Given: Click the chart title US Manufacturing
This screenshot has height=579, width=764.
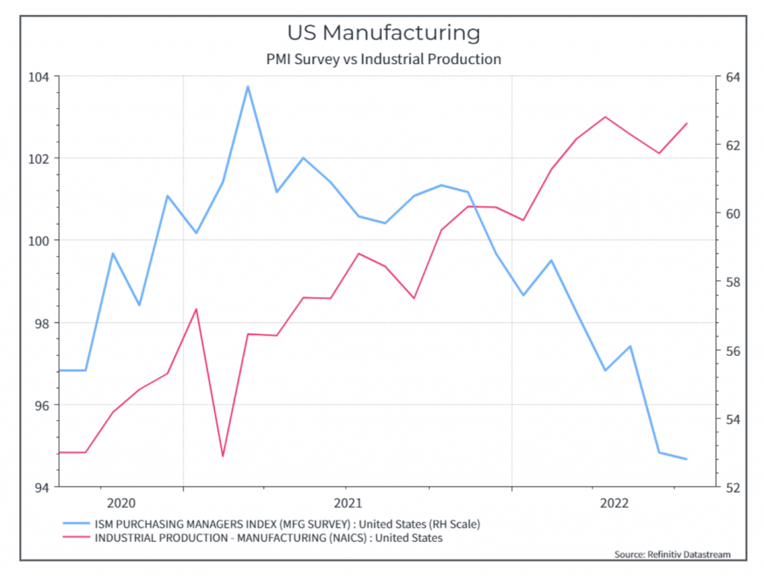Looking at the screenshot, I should [x=383, y=33].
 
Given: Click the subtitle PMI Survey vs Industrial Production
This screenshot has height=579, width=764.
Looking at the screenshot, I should [x=383, y=59].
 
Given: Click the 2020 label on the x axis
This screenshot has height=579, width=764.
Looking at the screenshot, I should [x=122, y=503].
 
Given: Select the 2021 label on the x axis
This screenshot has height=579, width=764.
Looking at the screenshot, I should [x=348, y=503].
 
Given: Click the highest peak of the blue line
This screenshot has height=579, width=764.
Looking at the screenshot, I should [x=248, y=87].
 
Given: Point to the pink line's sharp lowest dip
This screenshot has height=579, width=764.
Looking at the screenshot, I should [x=222, y=456].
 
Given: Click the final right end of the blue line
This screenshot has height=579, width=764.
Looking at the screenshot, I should [x=686, y=459].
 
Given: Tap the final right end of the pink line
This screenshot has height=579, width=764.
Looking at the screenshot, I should [x=686, y=123].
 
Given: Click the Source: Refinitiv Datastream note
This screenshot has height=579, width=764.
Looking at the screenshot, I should [x=672, y=554].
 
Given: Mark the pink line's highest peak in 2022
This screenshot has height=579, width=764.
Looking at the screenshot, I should [x=605, y=117].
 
